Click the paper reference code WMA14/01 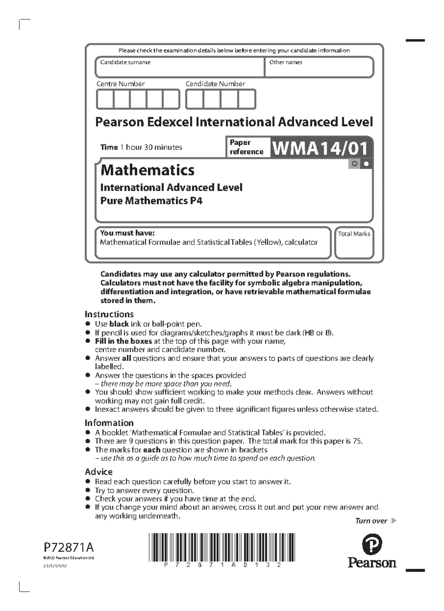click(320, 148)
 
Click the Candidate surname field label click(125, 62)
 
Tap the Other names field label click(285, 62)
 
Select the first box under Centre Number click(105, 99)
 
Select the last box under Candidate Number click(246, 99)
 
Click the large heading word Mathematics click(147, 170)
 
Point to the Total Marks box click(354, 243)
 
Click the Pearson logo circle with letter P click(372, 544)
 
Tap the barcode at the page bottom click(222, 547)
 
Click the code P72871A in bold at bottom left click(68, 547)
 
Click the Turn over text click(371, 521)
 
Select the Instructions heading click(109, 314)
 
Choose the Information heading click(109, 423)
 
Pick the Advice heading click(98, 472)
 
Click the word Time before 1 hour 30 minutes click(109, 147)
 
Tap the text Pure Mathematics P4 click(151, 201)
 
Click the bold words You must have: click(127, 233)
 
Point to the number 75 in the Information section click(357, 441)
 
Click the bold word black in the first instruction click(119, 324)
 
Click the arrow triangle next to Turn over click(394, 521)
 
